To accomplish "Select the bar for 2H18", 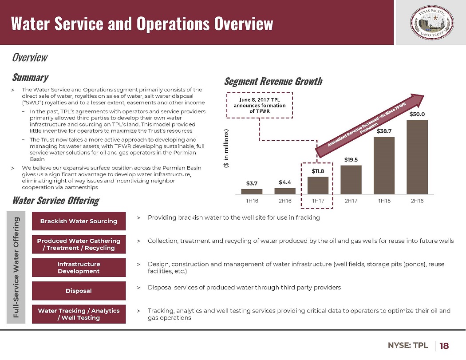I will coord(417,157).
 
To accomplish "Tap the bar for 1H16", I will coord(252,192).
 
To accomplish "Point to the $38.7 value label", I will coord(384,131).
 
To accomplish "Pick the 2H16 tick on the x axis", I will coord(285,201).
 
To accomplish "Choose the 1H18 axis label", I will coord(384,201).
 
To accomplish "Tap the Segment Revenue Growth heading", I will coord(273,81).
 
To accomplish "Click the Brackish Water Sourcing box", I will coord(79,221).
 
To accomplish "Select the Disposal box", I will coord(79,291).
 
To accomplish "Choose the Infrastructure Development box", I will coord(79,267).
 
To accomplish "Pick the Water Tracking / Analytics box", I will coord(79,314).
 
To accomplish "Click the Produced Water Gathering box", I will coord(79,244).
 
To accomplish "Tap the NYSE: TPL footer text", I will coord(408,345).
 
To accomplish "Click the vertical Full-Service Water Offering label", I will coord(16,267).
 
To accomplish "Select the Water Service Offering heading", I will coord(55,201).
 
